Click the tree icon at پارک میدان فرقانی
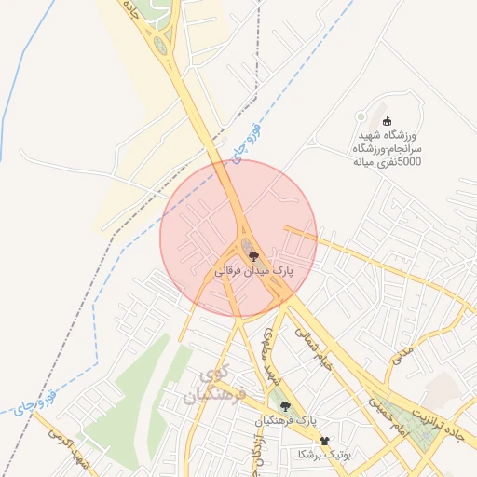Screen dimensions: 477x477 (x=253, y=255)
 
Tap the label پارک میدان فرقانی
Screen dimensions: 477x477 (x=254, y=271)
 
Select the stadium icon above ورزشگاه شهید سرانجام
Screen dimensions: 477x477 (x=388, y=120)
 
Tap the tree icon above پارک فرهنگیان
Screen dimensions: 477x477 (x=285, y=406)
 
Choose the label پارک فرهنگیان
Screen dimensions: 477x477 (x=285, y=422)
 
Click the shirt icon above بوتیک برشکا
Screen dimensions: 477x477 (x=325, y=440)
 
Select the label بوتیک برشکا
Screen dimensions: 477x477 (x=322, y=455)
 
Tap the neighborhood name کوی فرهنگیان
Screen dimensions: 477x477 (x=217, y=388)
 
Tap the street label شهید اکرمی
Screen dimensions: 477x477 (x=73, y=451)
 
